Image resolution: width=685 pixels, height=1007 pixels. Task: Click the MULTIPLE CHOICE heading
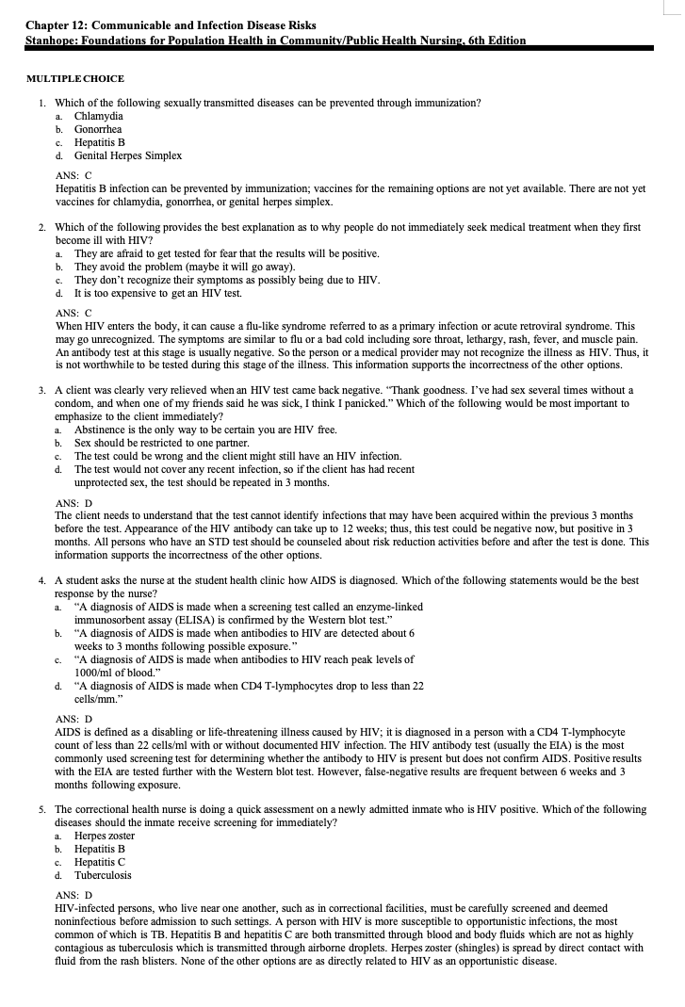(75, 78)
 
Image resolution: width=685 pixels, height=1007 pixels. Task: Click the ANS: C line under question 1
(74, 175)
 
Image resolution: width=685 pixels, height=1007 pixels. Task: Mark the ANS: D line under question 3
(74, 503)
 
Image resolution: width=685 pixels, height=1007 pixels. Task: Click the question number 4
(42, 581)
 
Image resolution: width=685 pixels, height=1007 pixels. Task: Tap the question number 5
(42, 809)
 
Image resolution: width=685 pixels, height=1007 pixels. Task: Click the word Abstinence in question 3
(103, 430)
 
